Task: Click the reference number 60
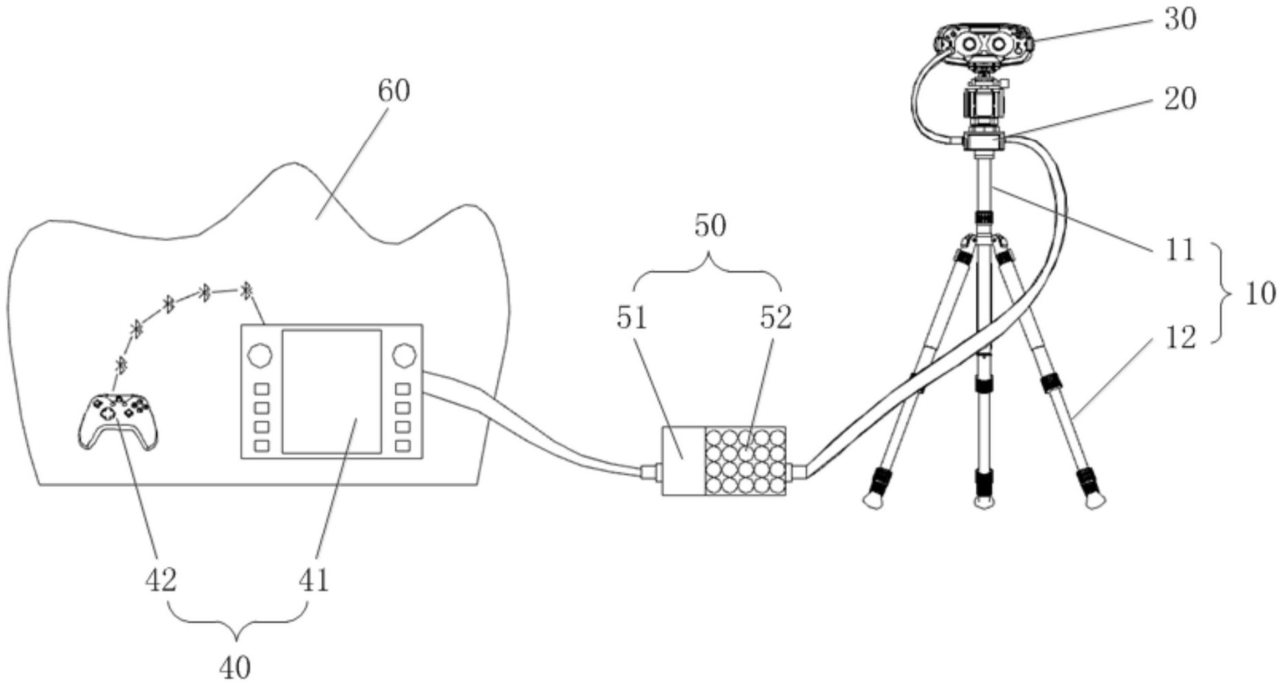pyautogui.click(x=393, y=91)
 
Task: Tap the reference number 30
pyautogui.click(x=1180, y=19)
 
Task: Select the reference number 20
pyautogui.click(x=1180, y=98)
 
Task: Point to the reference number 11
pyautogui.click(x=1180, y=249)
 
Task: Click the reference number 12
pyautogui.click(x=1180, y=337)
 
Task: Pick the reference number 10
pyautogui.click(x=1260, y=294)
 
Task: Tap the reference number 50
pyautogui.click(x=710, y=226)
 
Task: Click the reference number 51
pyautogui.click(x=633, y=318)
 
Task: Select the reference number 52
pyautogui.click(x=776, y=318)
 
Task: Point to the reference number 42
pyautogui.click(x=161, y=580)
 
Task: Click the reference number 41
pyautogui.click(x=314, y=580)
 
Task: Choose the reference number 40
pyautogui.click(x=235, y=667)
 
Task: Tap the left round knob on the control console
pyautogui.click(x=260, y=355)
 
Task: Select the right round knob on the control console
pyautogui.click(x=404, y=355)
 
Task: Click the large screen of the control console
pyautogui.click(x=331, y=391)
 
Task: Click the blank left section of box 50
pyautogui.click(x=683, y=460)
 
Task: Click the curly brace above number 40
pyautogui.click(x=237, y=618)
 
